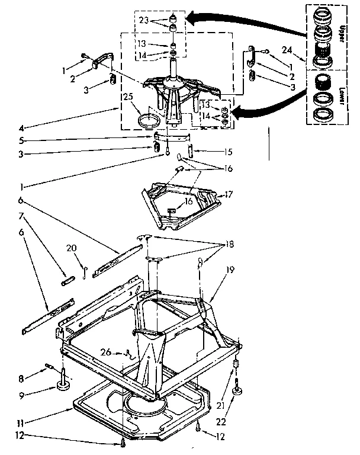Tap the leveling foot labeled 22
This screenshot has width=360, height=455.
[239, 390]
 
